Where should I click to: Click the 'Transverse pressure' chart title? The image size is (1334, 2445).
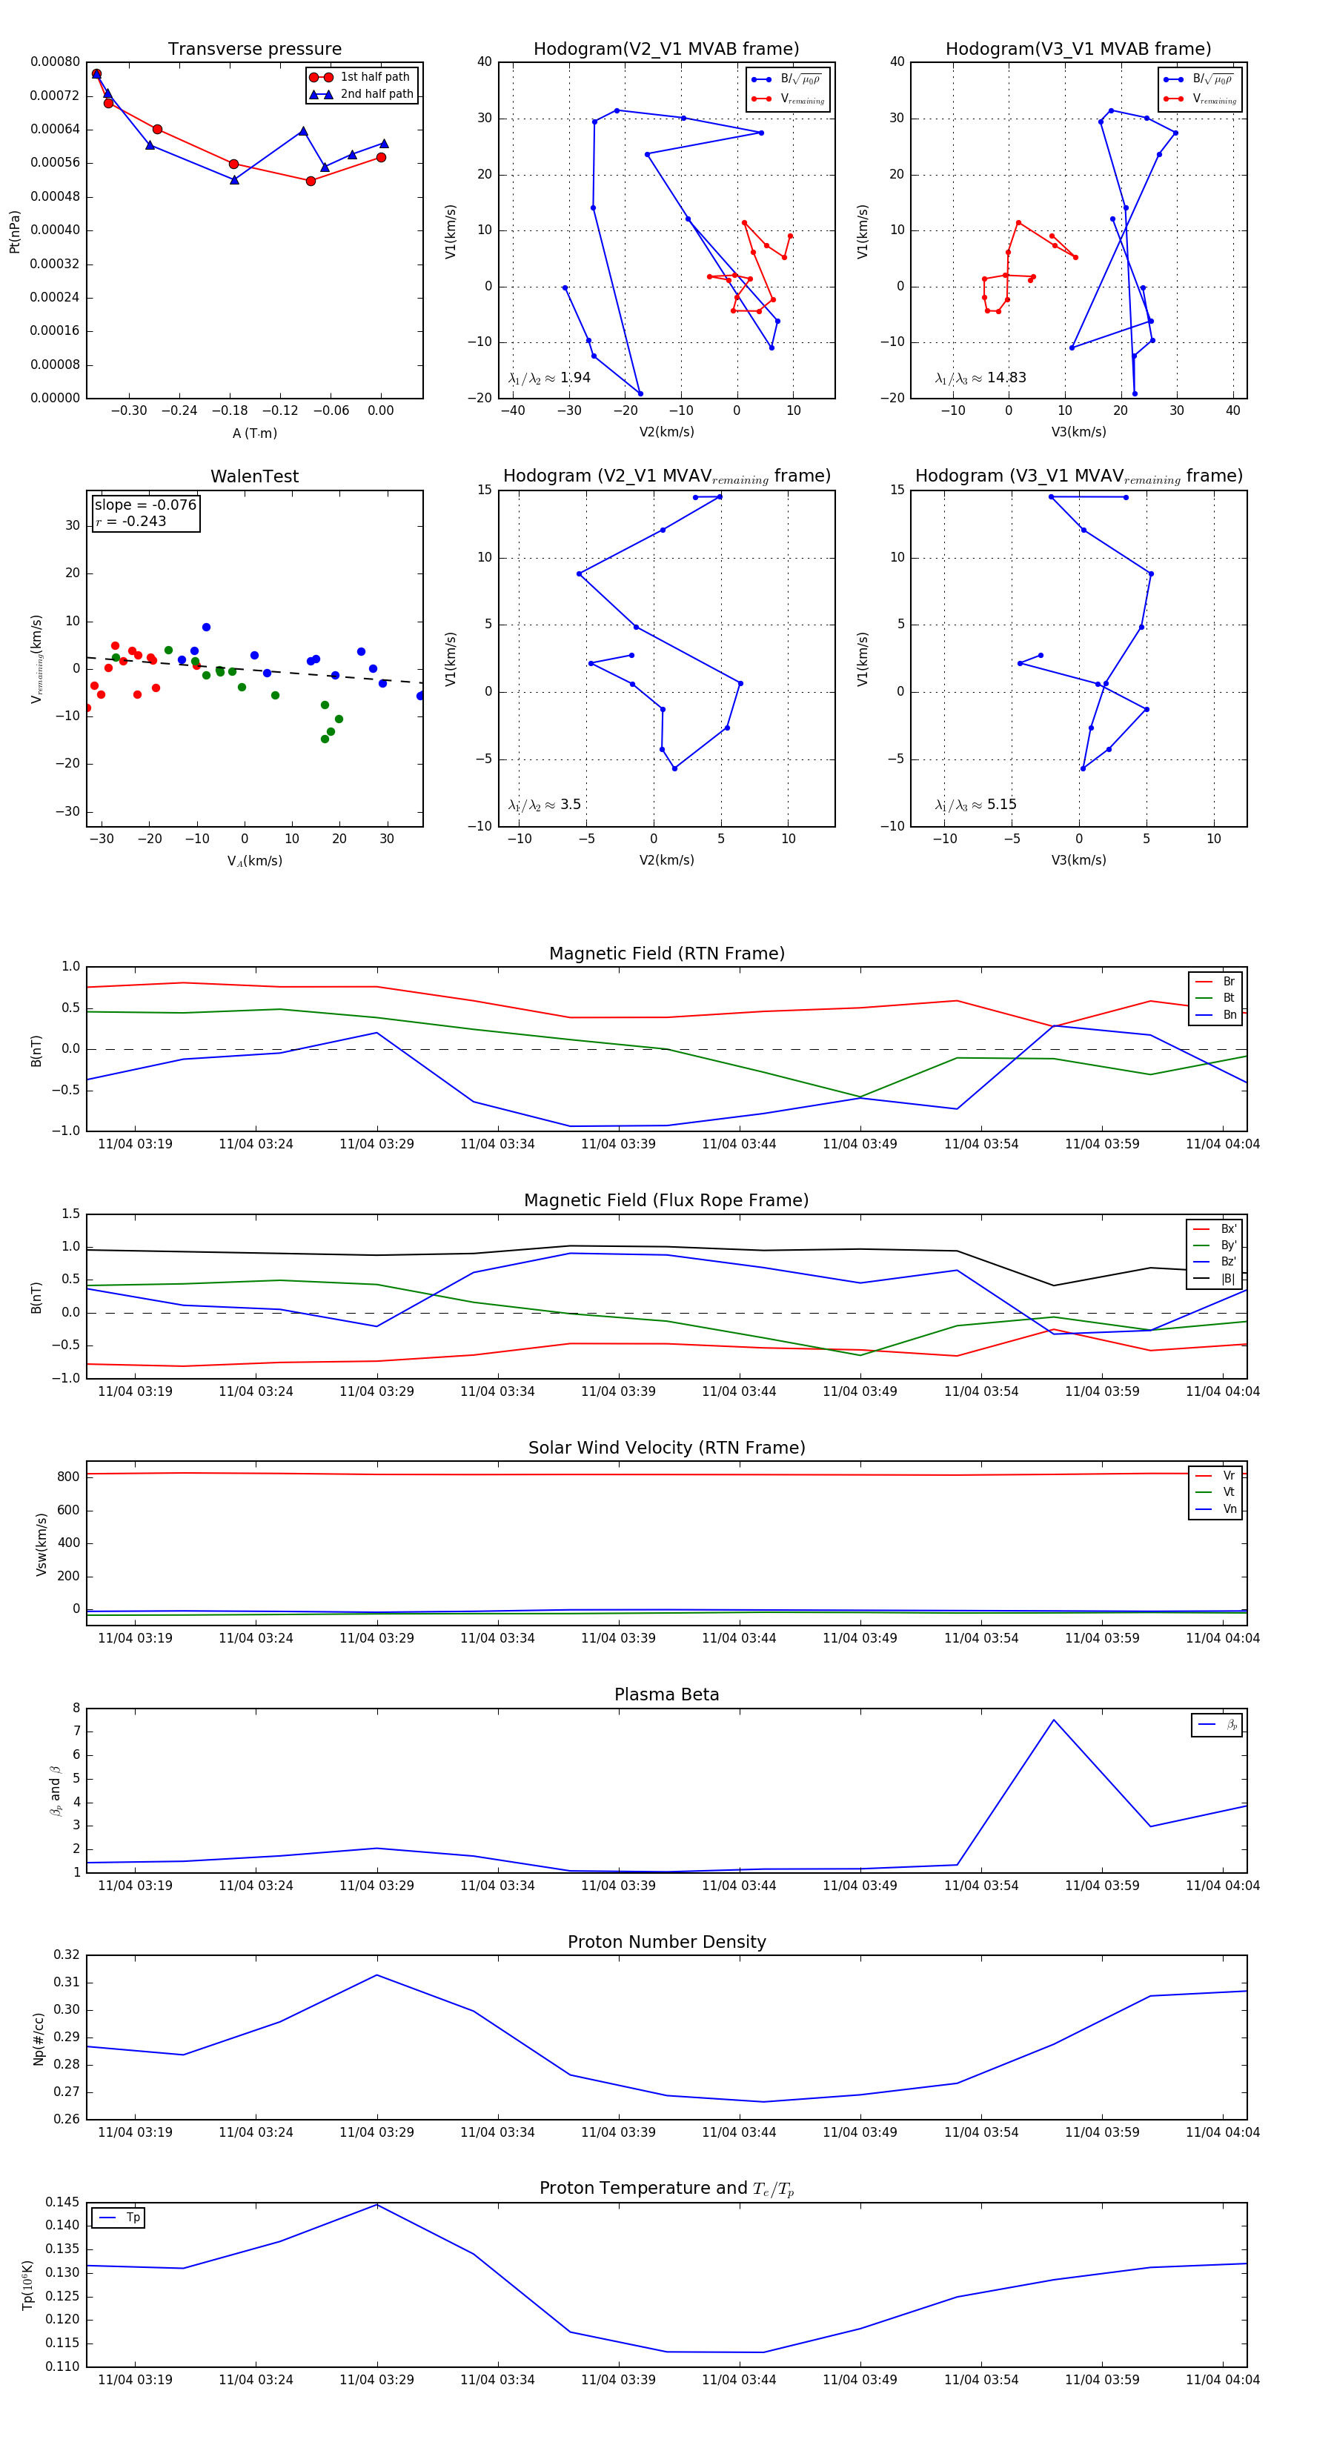pyautogui.click(x=254, y=50)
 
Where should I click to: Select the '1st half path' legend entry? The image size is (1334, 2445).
pyautogui.click(x=374, y=77)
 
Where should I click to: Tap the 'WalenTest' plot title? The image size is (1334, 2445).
pyautogui.click(x=254, y=476)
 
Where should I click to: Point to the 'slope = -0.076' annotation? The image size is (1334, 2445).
pyautogui.click(x=145, y=505)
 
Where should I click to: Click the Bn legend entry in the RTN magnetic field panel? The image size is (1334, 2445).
pyautogui.click(x=1229, y=1014)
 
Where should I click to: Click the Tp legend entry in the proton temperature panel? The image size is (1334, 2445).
pyautogui.click(x=132, y=2218)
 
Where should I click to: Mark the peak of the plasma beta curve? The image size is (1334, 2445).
pyautogui.click(x=1053, y=1720)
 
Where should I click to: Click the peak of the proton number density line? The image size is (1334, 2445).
pyautogui.click(x=377, y=1975)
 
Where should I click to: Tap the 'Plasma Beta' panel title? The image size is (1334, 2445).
pyautogui.click(x=666, y=1695)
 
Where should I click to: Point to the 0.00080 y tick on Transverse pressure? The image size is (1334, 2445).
pyautogui.click(x=55, y=61)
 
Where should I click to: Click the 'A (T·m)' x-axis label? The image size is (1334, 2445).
pyautogui.click(x=254, y=433)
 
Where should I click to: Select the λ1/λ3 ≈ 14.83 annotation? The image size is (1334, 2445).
pyautogui.click(x=980, y=378)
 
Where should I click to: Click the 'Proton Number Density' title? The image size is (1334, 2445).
pyautogui.click(x=666, y=1942)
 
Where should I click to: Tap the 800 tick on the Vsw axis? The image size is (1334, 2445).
pyautogui.click(x=67, y=1477)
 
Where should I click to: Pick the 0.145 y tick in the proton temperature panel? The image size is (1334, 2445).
pyautogui.click(x=63, y=2202)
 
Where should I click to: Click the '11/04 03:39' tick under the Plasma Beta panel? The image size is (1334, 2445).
pyautogui.click(x=618, y=1885)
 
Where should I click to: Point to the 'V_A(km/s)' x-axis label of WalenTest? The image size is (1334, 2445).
pyautogui.click(x=254, y=861)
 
